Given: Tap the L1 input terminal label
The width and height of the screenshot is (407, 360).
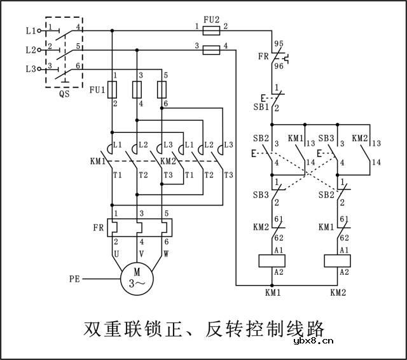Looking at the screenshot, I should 31,30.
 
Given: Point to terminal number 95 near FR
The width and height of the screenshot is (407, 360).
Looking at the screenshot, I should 278,45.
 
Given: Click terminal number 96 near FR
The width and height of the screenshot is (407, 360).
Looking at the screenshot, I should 278,65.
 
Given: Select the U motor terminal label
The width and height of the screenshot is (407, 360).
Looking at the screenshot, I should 116,253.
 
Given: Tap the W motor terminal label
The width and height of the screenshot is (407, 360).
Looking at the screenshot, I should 167,253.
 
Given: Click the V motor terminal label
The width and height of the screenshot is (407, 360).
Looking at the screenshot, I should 141,253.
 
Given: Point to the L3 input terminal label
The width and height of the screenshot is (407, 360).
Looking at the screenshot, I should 31,69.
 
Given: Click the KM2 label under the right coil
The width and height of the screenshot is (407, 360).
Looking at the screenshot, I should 338,293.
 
